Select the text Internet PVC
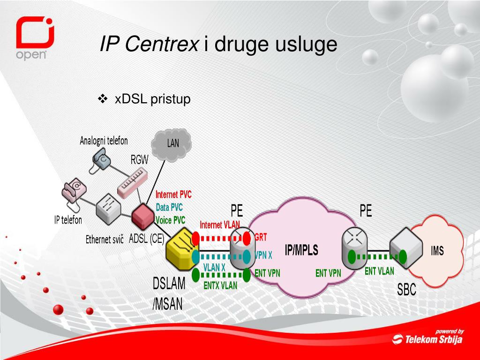tap(173, 195)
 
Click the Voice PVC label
tap(170, 220)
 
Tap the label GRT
tap(261, 238)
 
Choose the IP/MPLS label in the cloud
tap(301, 250)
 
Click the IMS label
tap(437, 251)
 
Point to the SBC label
tap(406, 290)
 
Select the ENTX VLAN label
tap(220, 285)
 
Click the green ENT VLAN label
tap(379, 271)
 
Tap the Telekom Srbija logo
tap(427, 337)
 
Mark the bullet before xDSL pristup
tap(103, 99)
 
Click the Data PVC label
tap(169, 207)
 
